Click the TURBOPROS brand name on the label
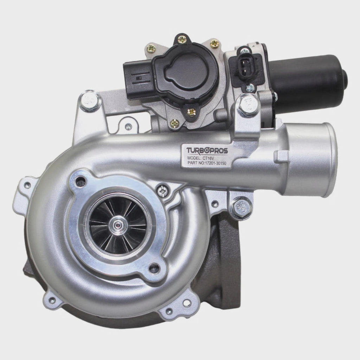pos(207,150)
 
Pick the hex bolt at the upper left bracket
pos(89,101)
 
